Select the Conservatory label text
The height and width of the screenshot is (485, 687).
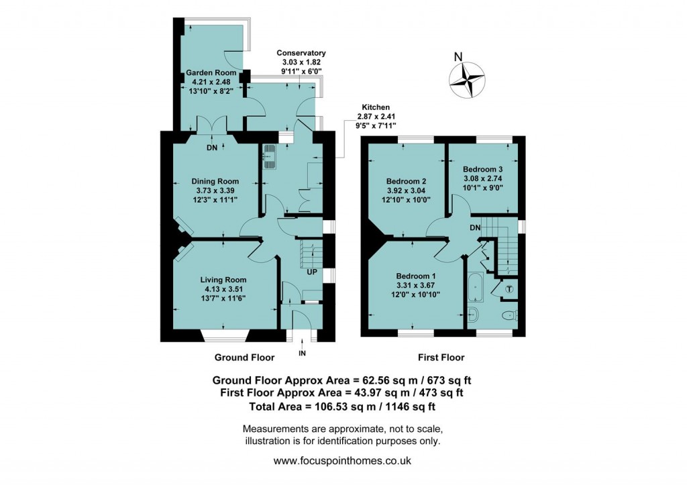pos(301,53)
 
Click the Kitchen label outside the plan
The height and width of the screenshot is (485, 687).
pos(376,107)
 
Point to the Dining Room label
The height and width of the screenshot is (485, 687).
pos(215,181)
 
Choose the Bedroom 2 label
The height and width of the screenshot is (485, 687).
pos(406,181)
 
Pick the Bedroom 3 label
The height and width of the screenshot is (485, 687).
pos(483,169)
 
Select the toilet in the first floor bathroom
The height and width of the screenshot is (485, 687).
pos(508,315)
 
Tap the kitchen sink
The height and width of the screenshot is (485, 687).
pos(270,156)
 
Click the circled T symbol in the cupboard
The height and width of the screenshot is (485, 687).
pos(509,289)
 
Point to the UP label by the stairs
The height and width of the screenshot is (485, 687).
pos(312,272)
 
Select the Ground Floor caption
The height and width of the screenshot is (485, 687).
pos(243,358)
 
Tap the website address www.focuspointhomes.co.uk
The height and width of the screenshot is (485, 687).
pos(343,461)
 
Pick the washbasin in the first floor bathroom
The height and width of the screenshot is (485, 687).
pos(472,312)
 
